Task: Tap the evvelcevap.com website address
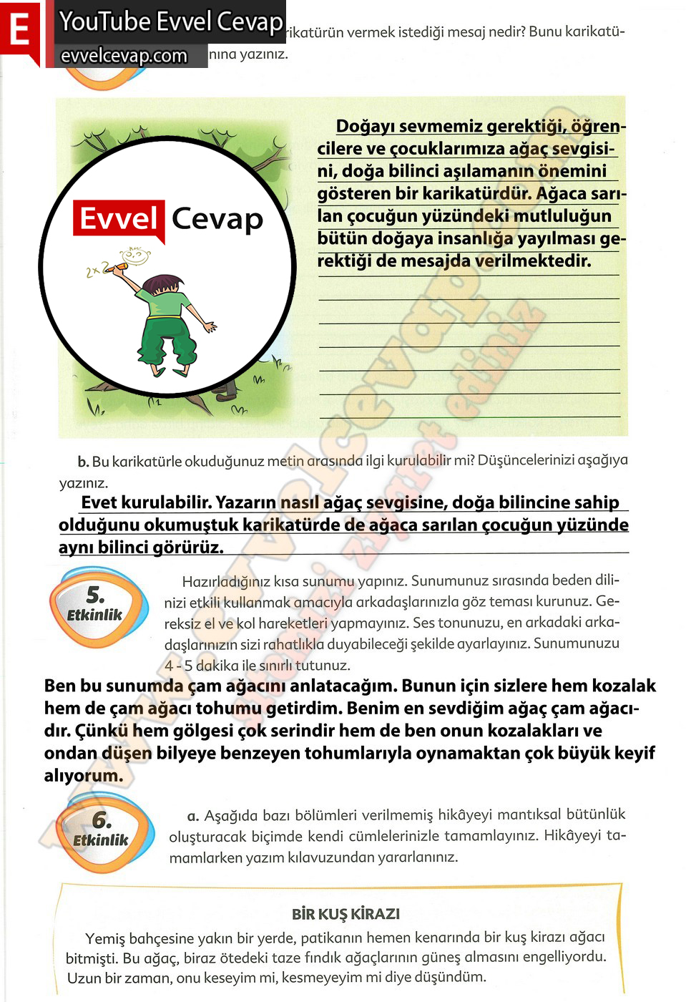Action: (x=124, y=56)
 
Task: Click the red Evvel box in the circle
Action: (x=119, y=219)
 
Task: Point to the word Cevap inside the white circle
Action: (x=217, y=219)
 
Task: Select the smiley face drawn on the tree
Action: (x=135, y=255)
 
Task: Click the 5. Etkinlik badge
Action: (x=96, y=605)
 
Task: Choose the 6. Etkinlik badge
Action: (x=102, y=831)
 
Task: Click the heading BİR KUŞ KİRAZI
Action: (x=346, y=914)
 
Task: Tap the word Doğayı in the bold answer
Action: (x=366, y=127)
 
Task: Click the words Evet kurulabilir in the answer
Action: (x=145, y=502)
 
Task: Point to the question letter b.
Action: (x=83, y=462)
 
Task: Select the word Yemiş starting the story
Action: (x=104, y=938)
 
